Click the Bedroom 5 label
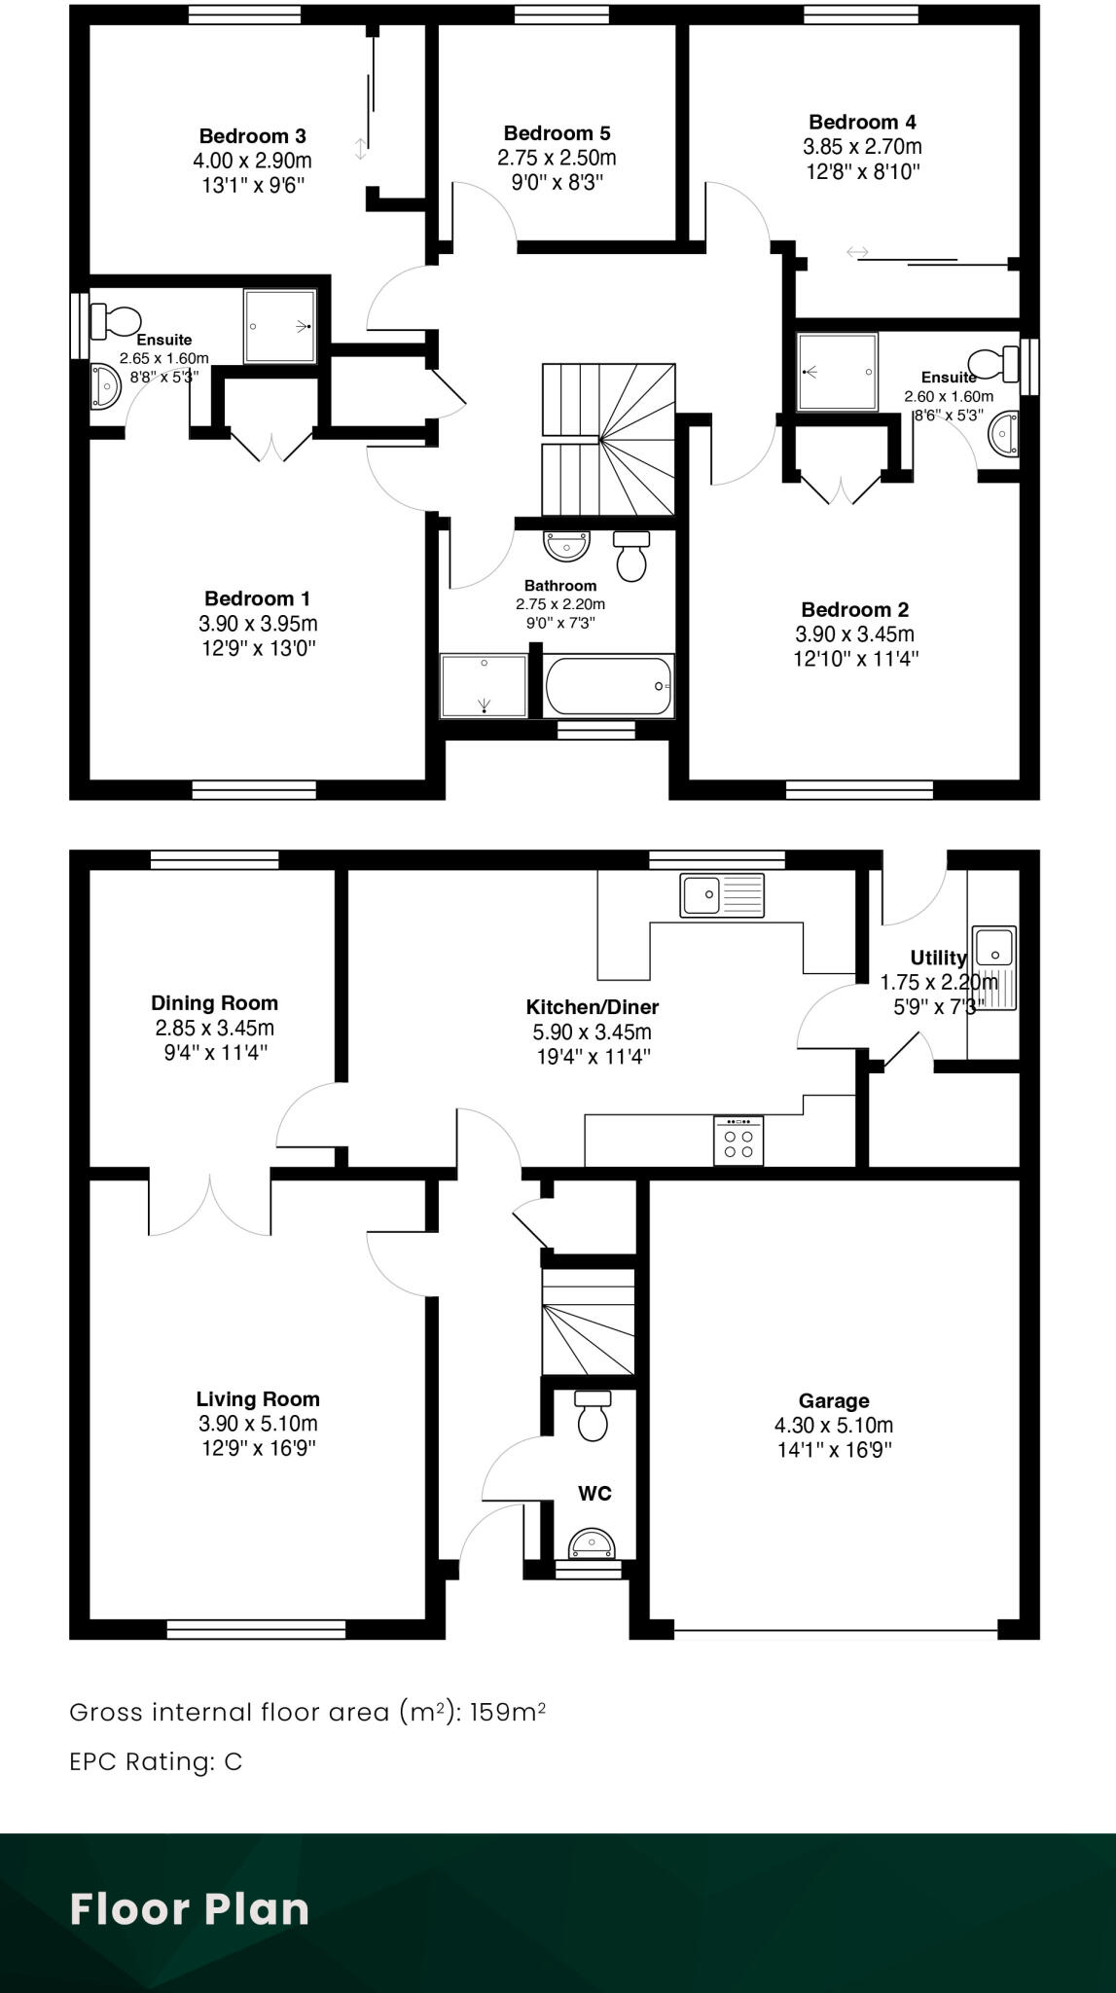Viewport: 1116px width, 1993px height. click(557, 133)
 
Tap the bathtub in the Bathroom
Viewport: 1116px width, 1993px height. click(609, 687)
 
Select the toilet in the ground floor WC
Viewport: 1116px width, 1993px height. click(593, 1415)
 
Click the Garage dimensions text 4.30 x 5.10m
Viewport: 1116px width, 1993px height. click(833, 1426)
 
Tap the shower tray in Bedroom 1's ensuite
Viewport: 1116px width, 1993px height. click(280, 326)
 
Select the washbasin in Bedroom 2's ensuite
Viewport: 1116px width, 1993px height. click(1004, 433)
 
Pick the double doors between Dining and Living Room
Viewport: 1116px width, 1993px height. click(209, 1205)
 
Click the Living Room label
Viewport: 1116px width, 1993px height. click(258, 1399)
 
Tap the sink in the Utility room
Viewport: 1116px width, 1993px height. click(994, 947)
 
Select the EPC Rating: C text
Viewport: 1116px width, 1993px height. click(156, 1761)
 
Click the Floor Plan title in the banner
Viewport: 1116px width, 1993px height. click(190, 1909)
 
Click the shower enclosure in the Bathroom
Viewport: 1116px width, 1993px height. click(484, 687)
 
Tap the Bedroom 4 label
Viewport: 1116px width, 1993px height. click(862, 122)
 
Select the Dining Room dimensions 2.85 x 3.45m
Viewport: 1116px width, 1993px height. click(214, 1028)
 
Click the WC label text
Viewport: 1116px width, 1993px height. click(594, 1493)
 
